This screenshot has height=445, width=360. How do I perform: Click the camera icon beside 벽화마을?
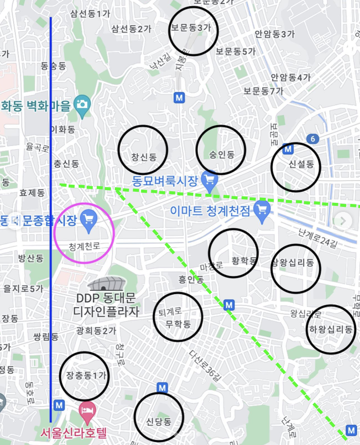click(x=81, y=104)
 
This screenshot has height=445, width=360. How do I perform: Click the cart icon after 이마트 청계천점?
click(x=262, y=211)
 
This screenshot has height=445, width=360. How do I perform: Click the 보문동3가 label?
click(x=191, y=28)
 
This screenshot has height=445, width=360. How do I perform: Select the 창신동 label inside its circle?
click(x=144, y=157)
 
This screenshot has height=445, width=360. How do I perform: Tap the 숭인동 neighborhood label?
click(x=222, y=155)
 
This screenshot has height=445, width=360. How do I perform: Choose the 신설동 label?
click(x=302, y=164)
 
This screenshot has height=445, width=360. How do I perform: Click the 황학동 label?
click(x=244, y=261)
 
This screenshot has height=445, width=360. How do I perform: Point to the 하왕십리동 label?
click(x=331, y=329)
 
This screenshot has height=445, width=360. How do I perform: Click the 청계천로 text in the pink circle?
click(x=84, y=247)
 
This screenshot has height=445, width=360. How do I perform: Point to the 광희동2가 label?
click(x=96, y=330)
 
